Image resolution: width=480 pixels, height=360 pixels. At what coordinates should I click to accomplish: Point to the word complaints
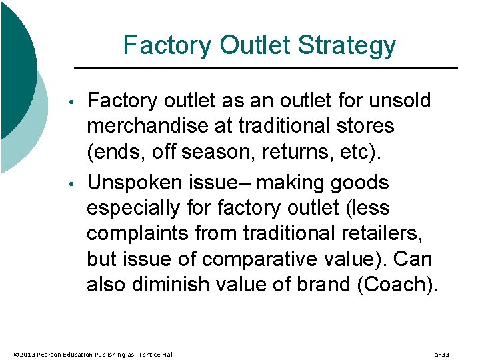pos(139,233)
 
